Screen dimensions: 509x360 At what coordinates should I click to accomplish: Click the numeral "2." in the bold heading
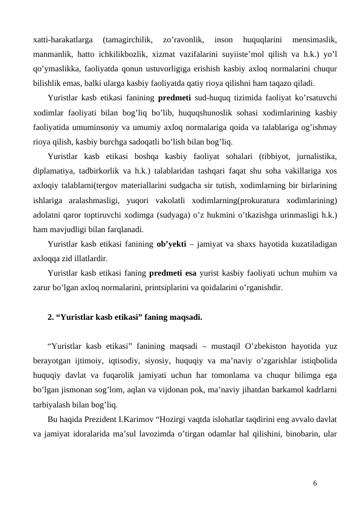51,316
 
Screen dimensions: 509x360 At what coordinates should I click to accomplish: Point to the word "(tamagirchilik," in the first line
129,40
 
